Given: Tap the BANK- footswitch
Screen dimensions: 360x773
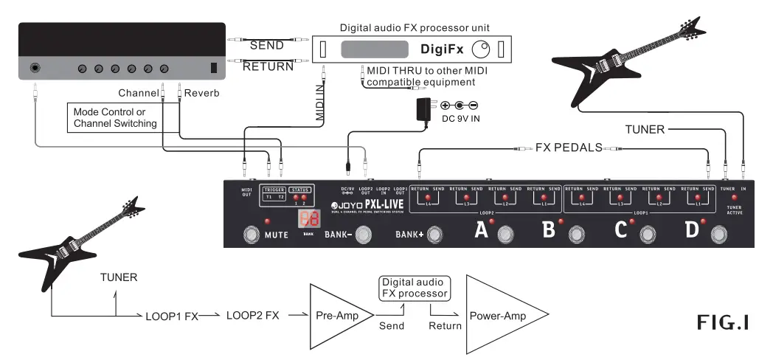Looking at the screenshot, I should coord(362,235).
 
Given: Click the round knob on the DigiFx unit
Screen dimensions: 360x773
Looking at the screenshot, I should coord(481,50).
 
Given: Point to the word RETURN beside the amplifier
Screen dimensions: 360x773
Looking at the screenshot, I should coord(268,66).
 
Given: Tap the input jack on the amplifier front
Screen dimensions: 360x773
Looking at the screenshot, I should coord(35,69).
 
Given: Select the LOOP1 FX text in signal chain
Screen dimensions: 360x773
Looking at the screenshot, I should coord(171,315).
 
